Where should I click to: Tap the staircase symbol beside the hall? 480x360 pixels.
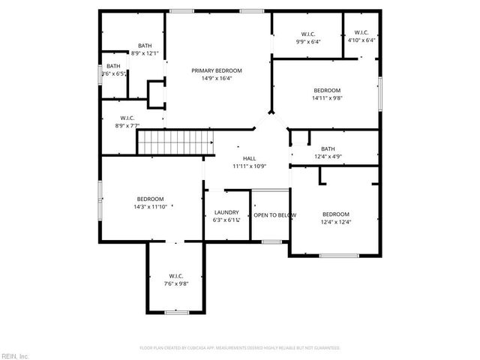pyautogui.click(x=178, y=140)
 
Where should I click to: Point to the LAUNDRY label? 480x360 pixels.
pyautogui.click(x=226, y=213)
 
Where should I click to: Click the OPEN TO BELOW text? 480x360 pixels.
pyautogui.click(x=274, y=215)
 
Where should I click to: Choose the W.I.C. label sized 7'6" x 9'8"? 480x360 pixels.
pyautogui.click(x=176, y=276)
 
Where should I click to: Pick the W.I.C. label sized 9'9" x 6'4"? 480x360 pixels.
pyautogui.click(x=308, y=34)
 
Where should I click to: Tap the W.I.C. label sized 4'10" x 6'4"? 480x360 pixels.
pyautogui.click(x=361, y=32)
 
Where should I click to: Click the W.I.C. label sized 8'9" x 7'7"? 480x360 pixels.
pyautogui.click(x=127, y=118)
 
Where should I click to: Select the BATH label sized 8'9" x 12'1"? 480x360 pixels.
pyautogui.click(x=145, y=46)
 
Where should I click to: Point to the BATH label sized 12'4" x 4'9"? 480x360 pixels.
pyautogui.click(x=328, y=148)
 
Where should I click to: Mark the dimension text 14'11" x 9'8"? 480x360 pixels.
pyautogui.click(x=327, y=97)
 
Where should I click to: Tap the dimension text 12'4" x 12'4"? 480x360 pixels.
pyautogui.click(x=336, y=221)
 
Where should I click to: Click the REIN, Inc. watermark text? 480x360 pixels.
pyautogui.click(x=15, y=355)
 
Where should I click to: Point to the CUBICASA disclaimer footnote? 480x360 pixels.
pyautogui.click(x=240, y=348)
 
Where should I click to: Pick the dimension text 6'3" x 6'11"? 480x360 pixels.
pyautogui.click(x=226, y=220)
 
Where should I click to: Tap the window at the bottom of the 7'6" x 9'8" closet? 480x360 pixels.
pyautogui.click(x=176, y=311)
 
